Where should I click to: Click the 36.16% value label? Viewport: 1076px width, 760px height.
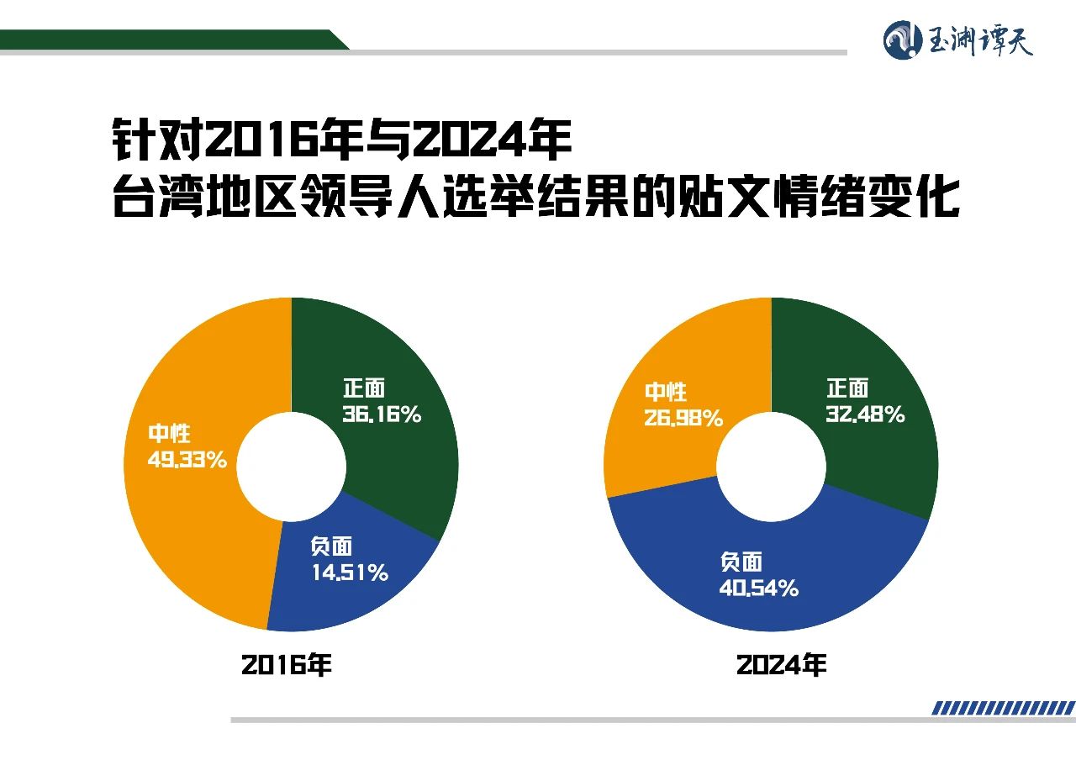point(382,414)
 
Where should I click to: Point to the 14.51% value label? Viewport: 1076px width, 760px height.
point(349,573)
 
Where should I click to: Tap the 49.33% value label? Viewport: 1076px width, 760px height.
point(187,461)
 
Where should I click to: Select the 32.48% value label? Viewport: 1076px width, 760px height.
point(865,414)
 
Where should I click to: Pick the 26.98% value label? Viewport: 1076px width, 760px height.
point(683,418)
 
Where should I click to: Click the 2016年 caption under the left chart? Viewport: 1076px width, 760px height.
point(287,665)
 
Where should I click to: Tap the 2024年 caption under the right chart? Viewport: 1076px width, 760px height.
point(781,665)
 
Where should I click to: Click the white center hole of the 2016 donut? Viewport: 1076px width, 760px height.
point(291,466)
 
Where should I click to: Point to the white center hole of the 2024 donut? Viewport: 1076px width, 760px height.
point(771,466)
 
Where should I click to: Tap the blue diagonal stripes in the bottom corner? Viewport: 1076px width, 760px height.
point(1003,709)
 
